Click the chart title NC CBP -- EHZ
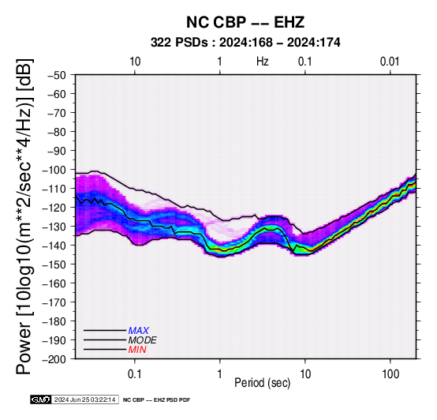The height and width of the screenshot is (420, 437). click(x=245, y=22)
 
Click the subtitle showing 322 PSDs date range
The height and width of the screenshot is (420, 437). click(x=245, y=43)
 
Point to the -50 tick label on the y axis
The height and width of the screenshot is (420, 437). click(x=57, y=75)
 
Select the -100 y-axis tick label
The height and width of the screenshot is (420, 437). click(x=54, y=170)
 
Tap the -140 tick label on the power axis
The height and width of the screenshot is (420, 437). click(x=54, y=246)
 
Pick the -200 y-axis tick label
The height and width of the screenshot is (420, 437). click(x=54, y=359)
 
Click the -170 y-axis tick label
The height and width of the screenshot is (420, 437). click(x=54, y=302)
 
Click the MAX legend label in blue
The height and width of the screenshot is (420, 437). click(x=139, y=331)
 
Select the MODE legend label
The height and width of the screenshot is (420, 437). click(x=143, y=340)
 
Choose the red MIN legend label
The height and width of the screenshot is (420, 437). click(x=137, y=350)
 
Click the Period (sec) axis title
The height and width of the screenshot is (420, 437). click(x=262, y=383)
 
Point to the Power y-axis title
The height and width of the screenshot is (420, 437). click(x=24, y=216)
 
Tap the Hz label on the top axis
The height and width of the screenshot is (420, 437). click(x=262, y=62)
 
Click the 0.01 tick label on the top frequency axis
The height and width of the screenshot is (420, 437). click(x=390, y=62)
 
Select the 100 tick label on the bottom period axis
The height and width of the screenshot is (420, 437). click(x=390, y=374)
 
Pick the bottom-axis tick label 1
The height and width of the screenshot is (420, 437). click(x=220, y=374)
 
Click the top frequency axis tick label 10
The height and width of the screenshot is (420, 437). click(x=135, y=62)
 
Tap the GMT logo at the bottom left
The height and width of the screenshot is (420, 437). click(x=41, y=399)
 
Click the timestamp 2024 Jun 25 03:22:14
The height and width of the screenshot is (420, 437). click(x=84, y=399)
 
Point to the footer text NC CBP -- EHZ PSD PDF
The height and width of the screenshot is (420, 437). click(x=157, y=400)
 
